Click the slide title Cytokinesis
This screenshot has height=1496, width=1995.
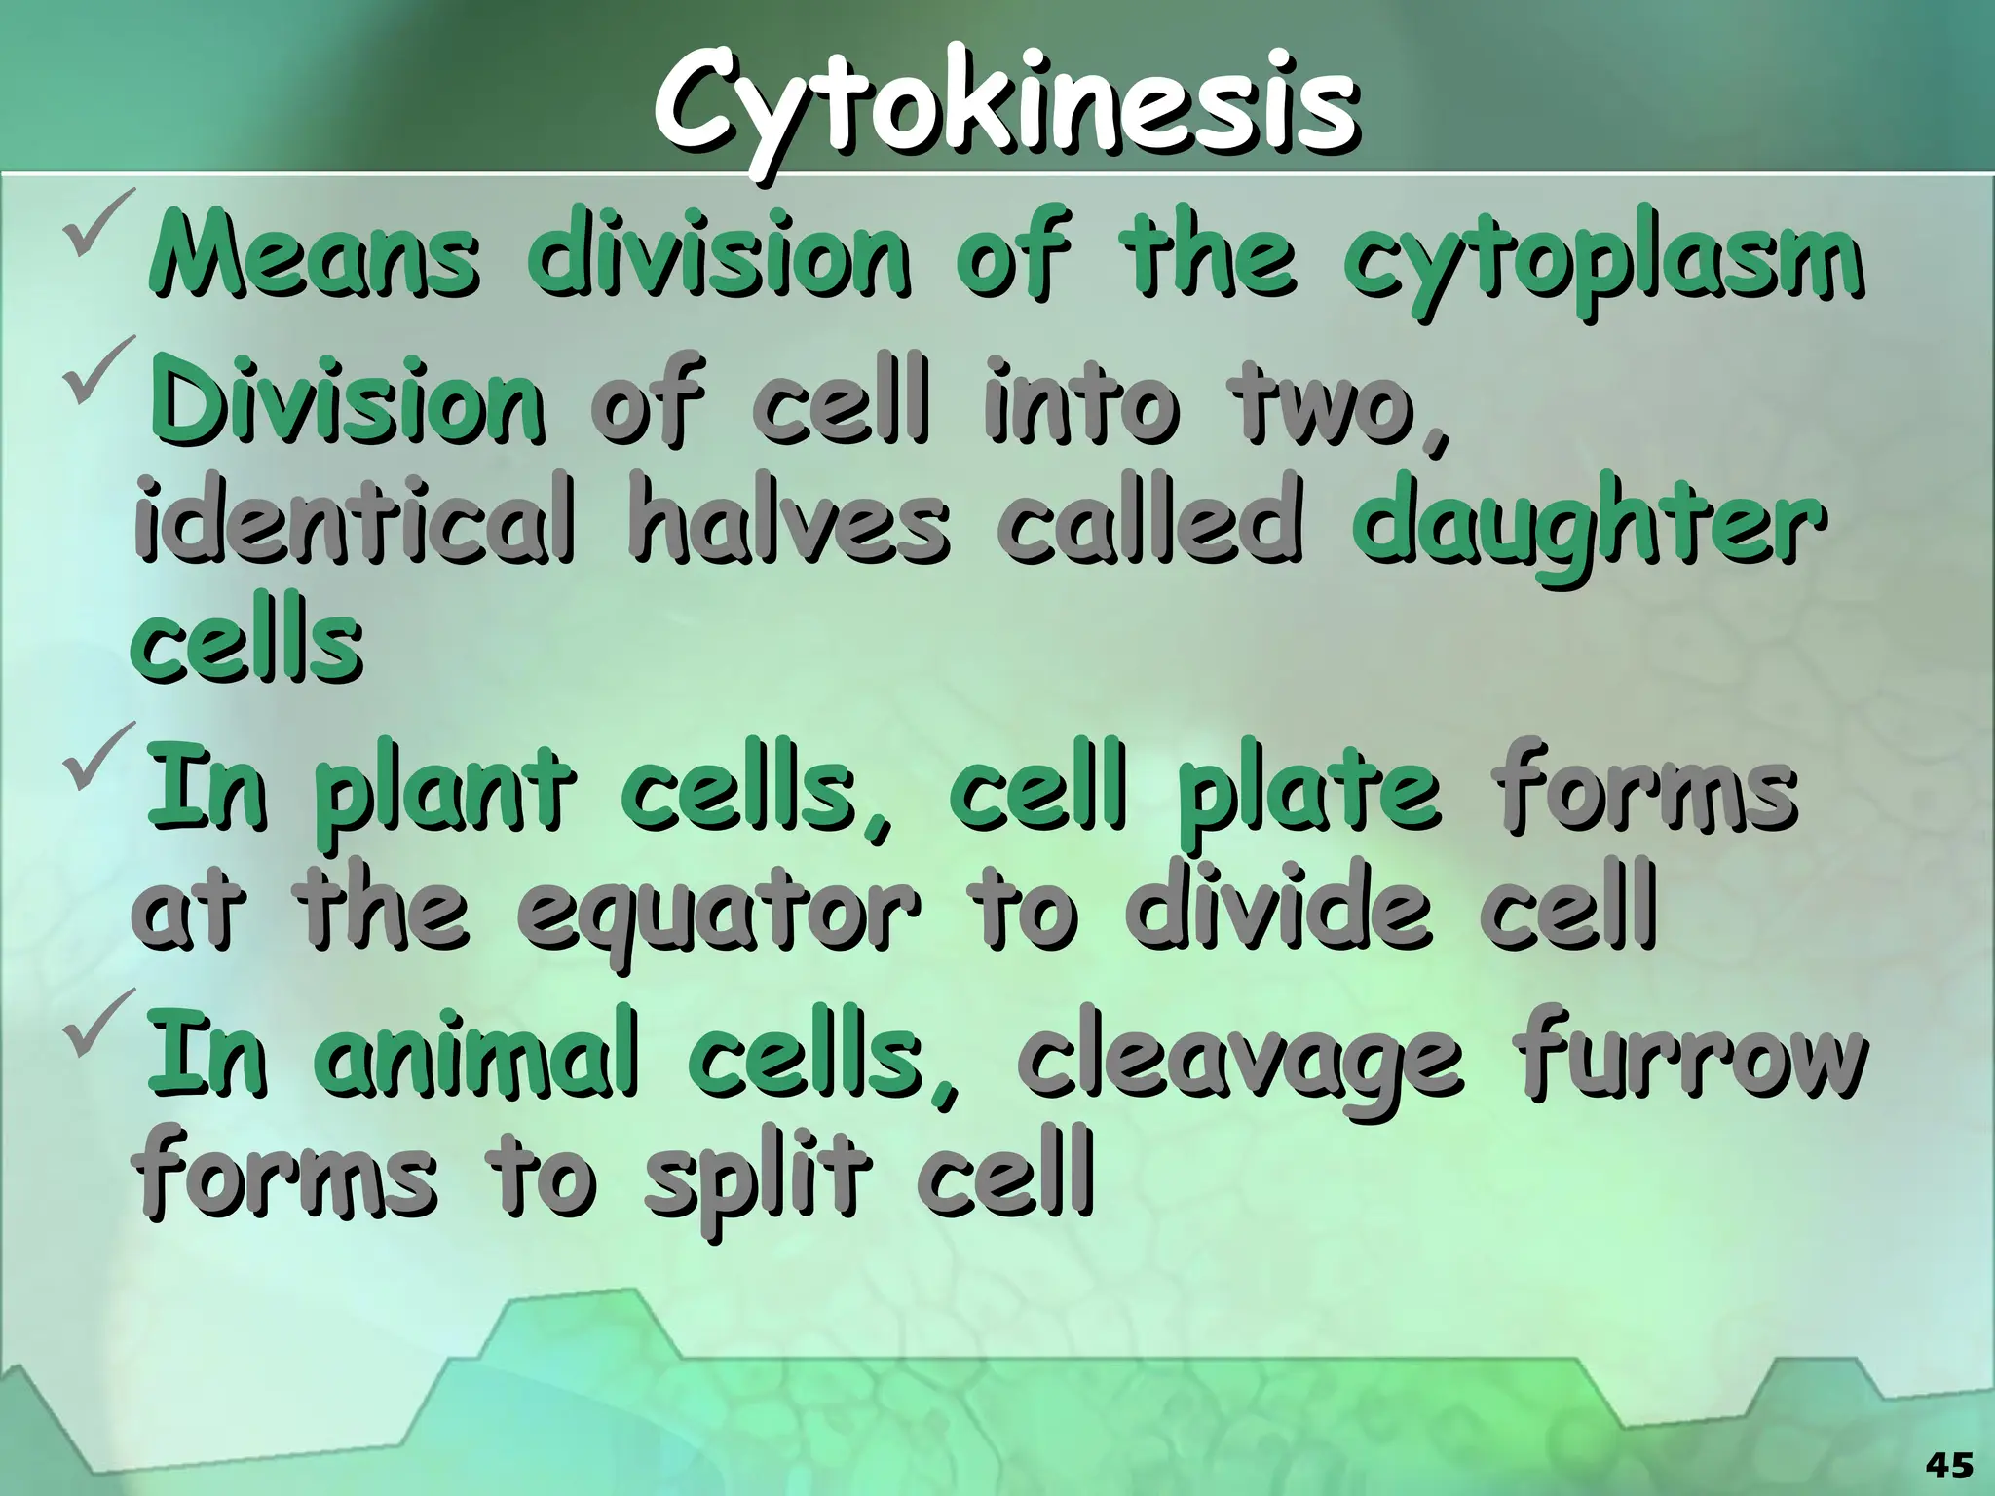click(1003, 115)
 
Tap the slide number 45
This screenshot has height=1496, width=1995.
click(1949, 1464)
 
